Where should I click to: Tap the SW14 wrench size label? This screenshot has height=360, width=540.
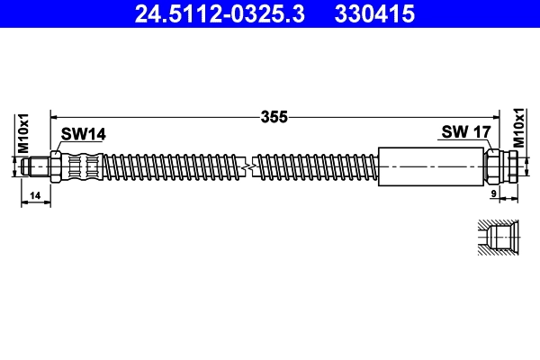pyautogui.click(x=84, y=134)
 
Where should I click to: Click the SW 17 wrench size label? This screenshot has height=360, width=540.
pyautogui.click(x=465, y=132)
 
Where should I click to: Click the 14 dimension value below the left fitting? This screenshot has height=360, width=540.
pyautogui.click(x=36, y=195)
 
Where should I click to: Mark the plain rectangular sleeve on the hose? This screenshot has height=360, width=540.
pyautogui.click(x=431, y=166)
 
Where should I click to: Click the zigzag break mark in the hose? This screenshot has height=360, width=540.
pyautogui.click(x=249, y=166)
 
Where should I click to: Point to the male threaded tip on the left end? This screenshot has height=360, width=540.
pyautogui.click(x=37, y=166)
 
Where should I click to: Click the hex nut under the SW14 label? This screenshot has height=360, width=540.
pyautogui.click(x=57, y=166)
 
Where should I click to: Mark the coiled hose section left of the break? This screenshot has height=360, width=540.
pyautogui.click(x=171, y=166)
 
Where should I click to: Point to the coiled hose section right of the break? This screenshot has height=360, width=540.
pyautogui.click(x=315, y=166)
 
